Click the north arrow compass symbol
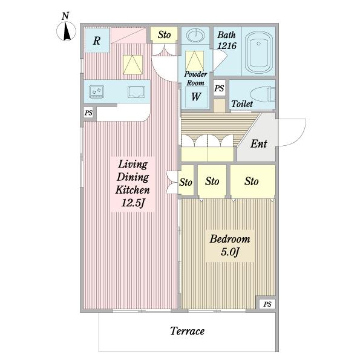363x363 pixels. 66,31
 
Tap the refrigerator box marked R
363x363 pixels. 97,41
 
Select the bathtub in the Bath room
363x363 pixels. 258,52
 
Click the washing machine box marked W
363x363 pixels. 196,97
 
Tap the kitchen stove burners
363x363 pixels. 97,92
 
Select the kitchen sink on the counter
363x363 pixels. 136,92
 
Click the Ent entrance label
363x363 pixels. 259,144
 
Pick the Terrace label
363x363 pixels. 188,331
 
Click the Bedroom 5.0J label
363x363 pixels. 230,246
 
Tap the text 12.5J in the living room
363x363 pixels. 133,203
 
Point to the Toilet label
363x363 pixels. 242,103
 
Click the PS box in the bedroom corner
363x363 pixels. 267,304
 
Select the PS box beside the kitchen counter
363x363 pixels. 88,113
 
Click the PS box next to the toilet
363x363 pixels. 219,88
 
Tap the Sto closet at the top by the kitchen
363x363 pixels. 164,35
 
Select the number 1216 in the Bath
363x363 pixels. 227,46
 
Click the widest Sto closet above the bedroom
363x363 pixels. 253,181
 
